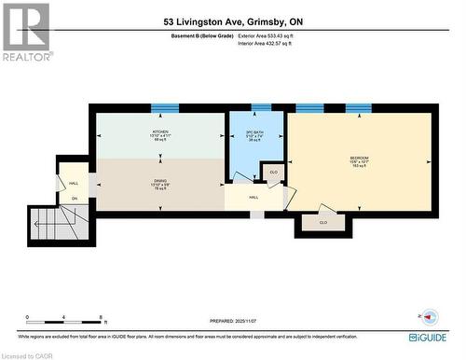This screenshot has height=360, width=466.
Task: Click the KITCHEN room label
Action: [160, 132]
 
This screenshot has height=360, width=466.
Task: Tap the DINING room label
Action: [160, 181]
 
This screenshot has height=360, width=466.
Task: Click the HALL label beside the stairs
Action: [74, 183]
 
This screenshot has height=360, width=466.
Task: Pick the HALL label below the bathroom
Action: [253, 197]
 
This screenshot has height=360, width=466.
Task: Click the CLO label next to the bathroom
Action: [273, 173]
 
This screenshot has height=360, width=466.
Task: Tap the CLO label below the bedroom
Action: [322, 222]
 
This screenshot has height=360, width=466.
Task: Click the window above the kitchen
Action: [161, 108]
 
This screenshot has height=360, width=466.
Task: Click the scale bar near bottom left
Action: [64, 320]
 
